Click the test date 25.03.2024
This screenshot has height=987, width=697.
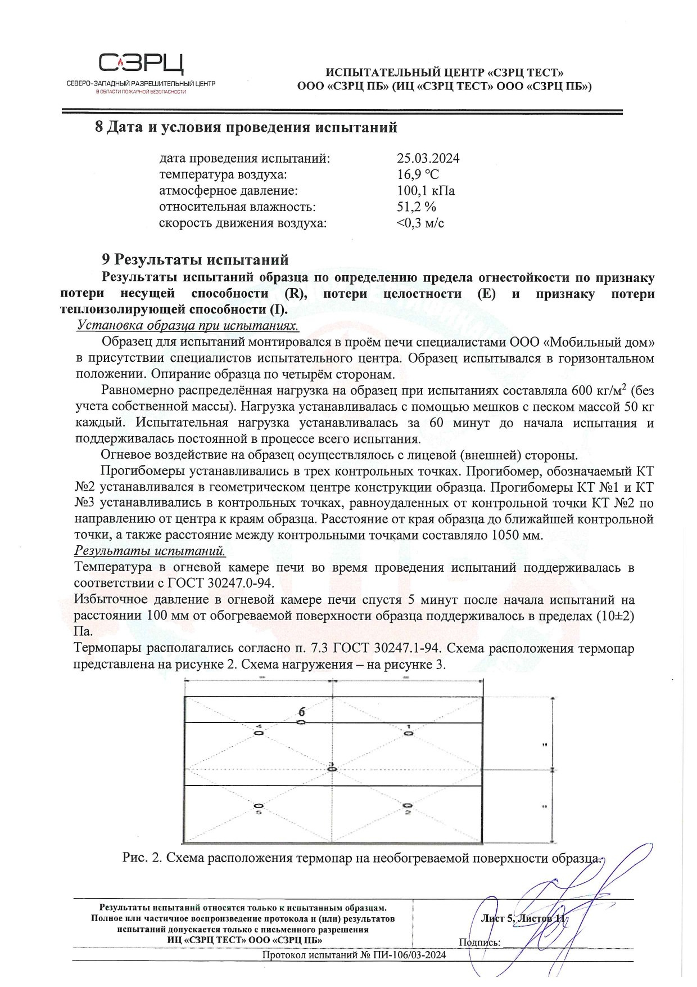point(428,159)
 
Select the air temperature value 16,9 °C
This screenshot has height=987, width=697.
point(418,175)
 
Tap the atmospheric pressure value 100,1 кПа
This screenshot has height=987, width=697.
point(426,191)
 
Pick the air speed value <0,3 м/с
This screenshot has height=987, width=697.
point(420,223)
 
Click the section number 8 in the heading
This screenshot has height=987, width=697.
point(99,128)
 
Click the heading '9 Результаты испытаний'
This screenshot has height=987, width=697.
point(194,260)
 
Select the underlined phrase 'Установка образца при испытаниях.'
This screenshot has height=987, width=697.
point(187,326)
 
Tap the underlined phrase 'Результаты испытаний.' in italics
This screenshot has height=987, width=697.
point(150,550)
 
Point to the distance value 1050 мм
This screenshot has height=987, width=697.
point(517,535)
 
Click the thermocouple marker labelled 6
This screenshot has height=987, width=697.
point(301,721)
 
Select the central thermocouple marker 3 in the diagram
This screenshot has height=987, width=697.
point(332,768)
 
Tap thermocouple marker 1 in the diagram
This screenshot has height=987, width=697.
point(409,733)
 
